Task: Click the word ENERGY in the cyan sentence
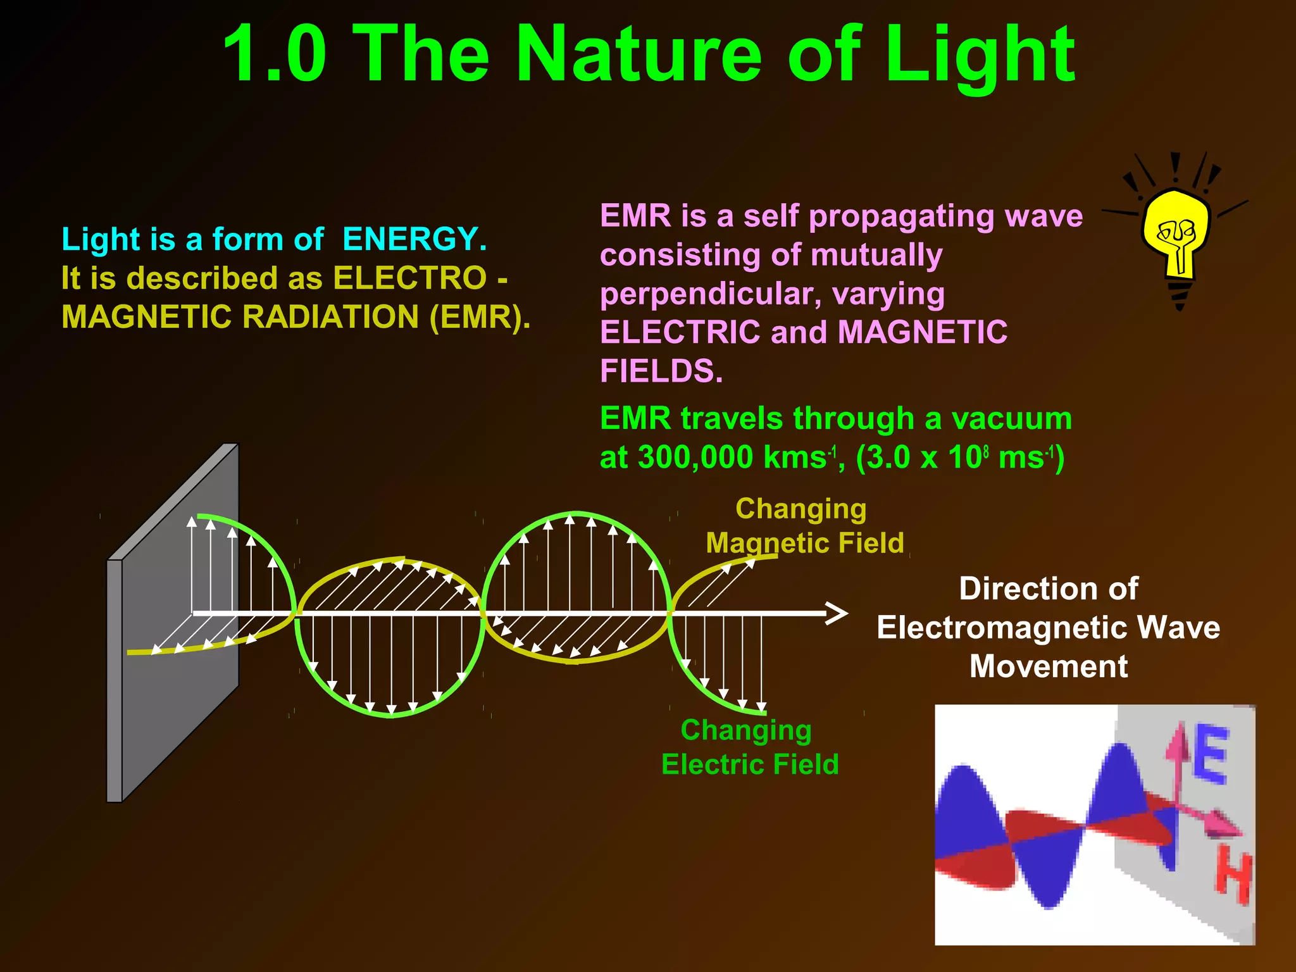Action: click(414, 239)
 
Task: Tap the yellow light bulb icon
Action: click(1176, 234)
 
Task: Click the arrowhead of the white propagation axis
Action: click(838, 613)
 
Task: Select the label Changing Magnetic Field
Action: click(804, 526)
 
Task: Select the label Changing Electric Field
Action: click(749, 747)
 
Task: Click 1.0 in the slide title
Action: click(275, 56)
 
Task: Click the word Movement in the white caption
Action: click(1049, 666)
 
